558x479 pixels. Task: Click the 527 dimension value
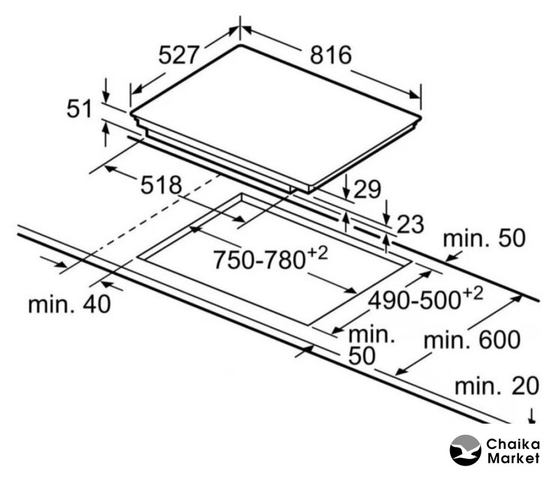tap(178, 55)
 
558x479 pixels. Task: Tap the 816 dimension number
tap(330, 55)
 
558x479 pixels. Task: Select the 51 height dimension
tap(79, 109)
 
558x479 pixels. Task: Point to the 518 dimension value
tap(161, 185)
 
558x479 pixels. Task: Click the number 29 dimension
tap(367, 189)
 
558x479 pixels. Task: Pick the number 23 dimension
tap(410, 225)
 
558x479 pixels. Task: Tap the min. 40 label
tap(70, 305)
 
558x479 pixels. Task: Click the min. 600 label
tap(472, 340)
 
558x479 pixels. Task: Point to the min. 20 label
tap(497, 386)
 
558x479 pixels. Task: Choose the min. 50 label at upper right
tap(484, 238)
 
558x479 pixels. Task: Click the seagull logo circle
tap(465, 450)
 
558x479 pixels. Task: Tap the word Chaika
tap(513, 444)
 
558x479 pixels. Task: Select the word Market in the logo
tap(513, 458)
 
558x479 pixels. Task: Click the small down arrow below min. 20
tap(532, 415)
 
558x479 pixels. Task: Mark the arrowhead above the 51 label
tap(106, 95)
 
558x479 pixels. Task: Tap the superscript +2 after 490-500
tap(473, 293)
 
